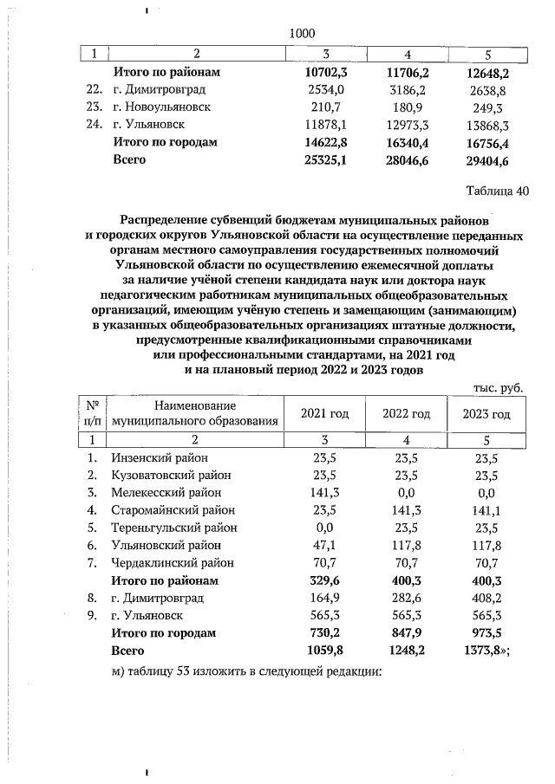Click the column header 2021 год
click(x=324, y=414)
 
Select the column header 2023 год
click(x=486, y=414)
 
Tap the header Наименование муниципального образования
click(x=194, y=414)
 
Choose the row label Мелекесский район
click(x=166, y=492)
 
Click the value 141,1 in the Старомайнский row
click(x=486, y=510)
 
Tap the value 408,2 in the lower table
click(x=486, y=598)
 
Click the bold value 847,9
click(x=406, y=632)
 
